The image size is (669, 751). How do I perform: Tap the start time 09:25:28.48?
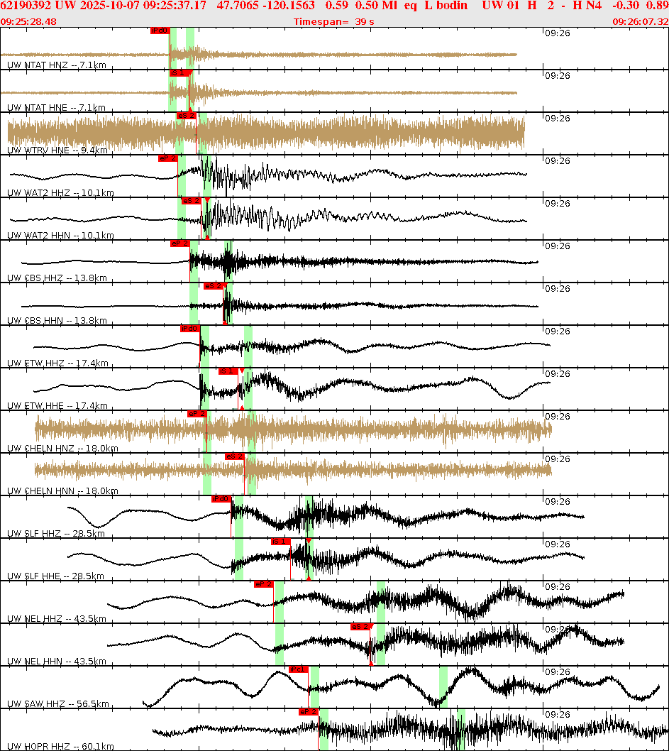coord(28,21)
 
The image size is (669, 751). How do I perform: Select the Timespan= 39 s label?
coord(333,21)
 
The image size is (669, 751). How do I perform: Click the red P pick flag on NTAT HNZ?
coord(160,31)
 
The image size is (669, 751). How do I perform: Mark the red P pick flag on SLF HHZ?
coord(221,498)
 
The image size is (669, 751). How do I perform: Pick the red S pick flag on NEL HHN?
coord(360,626)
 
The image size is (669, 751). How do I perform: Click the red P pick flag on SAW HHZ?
coord(298,669)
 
